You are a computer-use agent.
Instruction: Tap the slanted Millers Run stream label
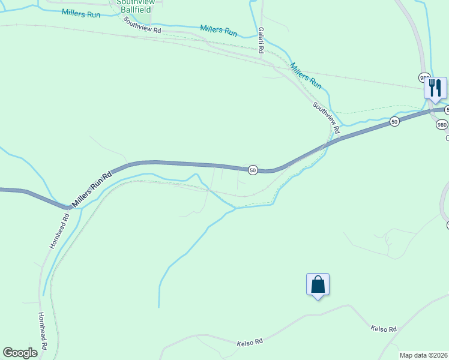(x=306, y=76)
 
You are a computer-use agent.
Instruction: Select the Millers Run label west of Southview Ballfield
(x=80, y=14)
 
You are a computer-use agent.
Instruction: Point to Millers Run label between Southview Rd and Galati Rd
(x=218, y=31)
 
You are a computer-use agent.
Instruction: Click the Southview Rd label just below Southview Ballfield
(x=142, y=25)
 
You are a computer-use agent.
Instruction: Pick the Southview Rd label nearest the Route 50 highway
(x=326, y=118)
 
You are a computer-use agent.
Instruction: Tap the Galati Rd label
(x=261, y=40)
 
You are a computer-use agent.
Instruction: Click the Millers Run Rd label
(x=92, y=190)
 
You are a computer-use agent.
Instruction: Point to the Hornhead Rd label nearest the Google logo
(x=43, y=331)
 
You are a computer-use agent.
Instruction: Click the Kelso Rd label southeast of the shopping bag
(x=384, y=329)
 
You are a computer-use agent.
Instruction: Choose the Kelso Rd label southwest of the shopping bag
(x=250, y=343)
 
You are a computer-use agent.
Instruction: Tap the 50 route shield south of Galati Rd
(x=253, y=170)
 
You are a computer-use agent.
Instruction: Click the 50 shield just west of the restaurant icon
(x=394, y=121)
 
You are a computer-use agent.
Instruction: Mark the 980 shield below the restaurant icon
(x=442, y=125)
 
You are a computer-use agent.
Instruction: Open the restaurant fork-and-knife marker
(x=435, y=88)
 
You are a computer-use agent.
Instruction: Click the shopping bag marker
(x=318, y=284)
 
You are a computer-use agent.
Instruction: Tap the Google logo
(x=20, y=353)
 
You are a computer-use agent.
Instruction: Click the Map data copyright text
(x=423, y=355)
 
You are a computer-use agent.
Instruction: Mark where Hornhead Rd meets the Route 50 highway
(x=68, y=208)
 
